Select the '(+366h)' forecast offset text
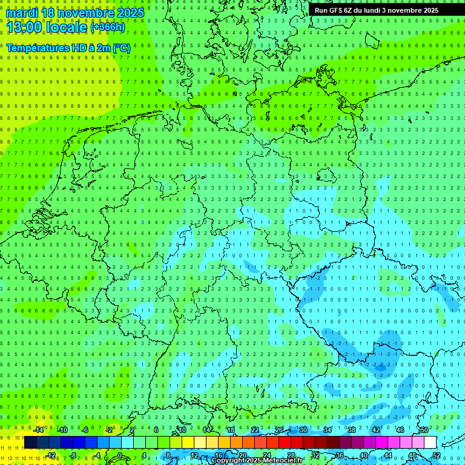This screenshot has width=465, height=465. click(x=107, y=27)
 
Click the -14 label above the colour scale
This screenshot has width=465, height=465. click(x=39, y=430)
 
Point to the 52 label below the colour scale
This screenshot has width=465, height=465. click(x=437, y=455)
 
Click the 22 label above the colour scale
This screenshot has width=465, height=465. click(x=255, y=430)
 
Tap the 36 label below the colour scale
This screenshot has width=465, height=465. click(x=339, y=455)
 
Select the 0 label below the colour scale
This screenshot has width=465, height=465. click(x=119, y=455)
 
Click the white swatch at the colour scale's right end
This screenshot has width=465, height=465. click(x=430, y=443)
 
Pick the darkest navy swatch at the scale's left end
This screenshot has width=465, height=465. click(x=30, y=443)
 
